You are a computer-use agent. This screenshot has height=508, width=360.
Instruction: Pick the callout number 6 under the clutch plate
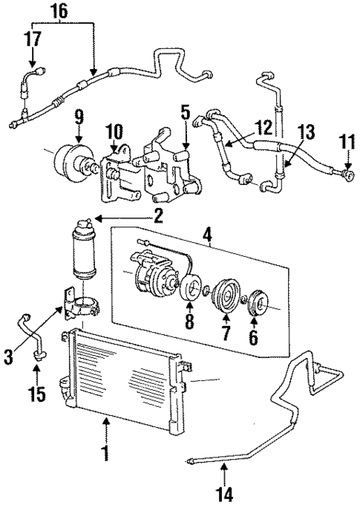(254, 339)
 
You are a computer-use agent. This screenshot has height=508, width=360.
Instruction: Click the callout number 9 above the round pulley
(79, 117)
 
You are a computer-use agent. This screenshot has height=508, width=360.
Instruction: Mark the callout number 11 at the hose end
(345, 141)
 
